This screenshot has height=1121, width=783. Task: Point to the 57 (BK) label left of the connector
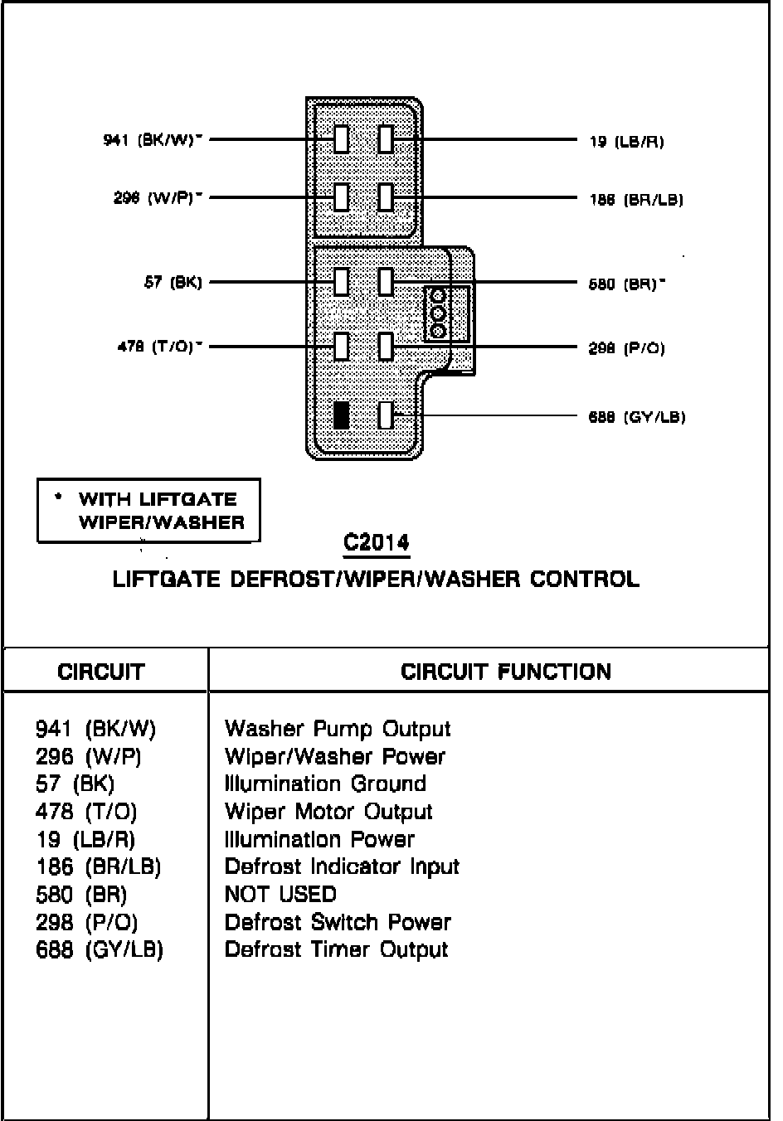pos(173,283)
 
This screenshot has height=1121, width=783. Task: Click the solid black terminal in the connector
pos(341,415)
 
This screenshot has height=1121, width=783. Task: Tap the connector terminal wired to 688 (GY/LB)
pos(386,415)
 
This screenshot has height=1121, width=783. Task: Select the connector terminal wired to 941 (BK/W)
pos(341,139)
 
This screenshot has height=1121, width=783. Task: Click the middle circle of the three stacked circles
pos(439,313)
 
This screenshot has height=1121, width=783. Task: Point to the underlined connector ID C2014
pos(377,543)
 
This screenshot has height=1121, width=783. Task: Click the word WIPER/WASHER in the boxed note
pos(162,522)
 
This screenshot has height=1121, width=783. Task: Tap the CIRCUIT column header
pos(101,672)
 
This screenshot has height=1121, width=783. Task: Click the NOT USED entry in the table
pos(280,895)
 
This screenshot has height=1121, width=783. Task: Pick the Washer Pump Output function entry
pos(338,730)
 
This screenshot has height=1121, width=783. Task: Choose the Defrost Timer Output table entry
pos(336,949)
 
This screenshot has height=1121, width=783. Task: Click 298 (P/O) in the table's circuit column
pos(87,922)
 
